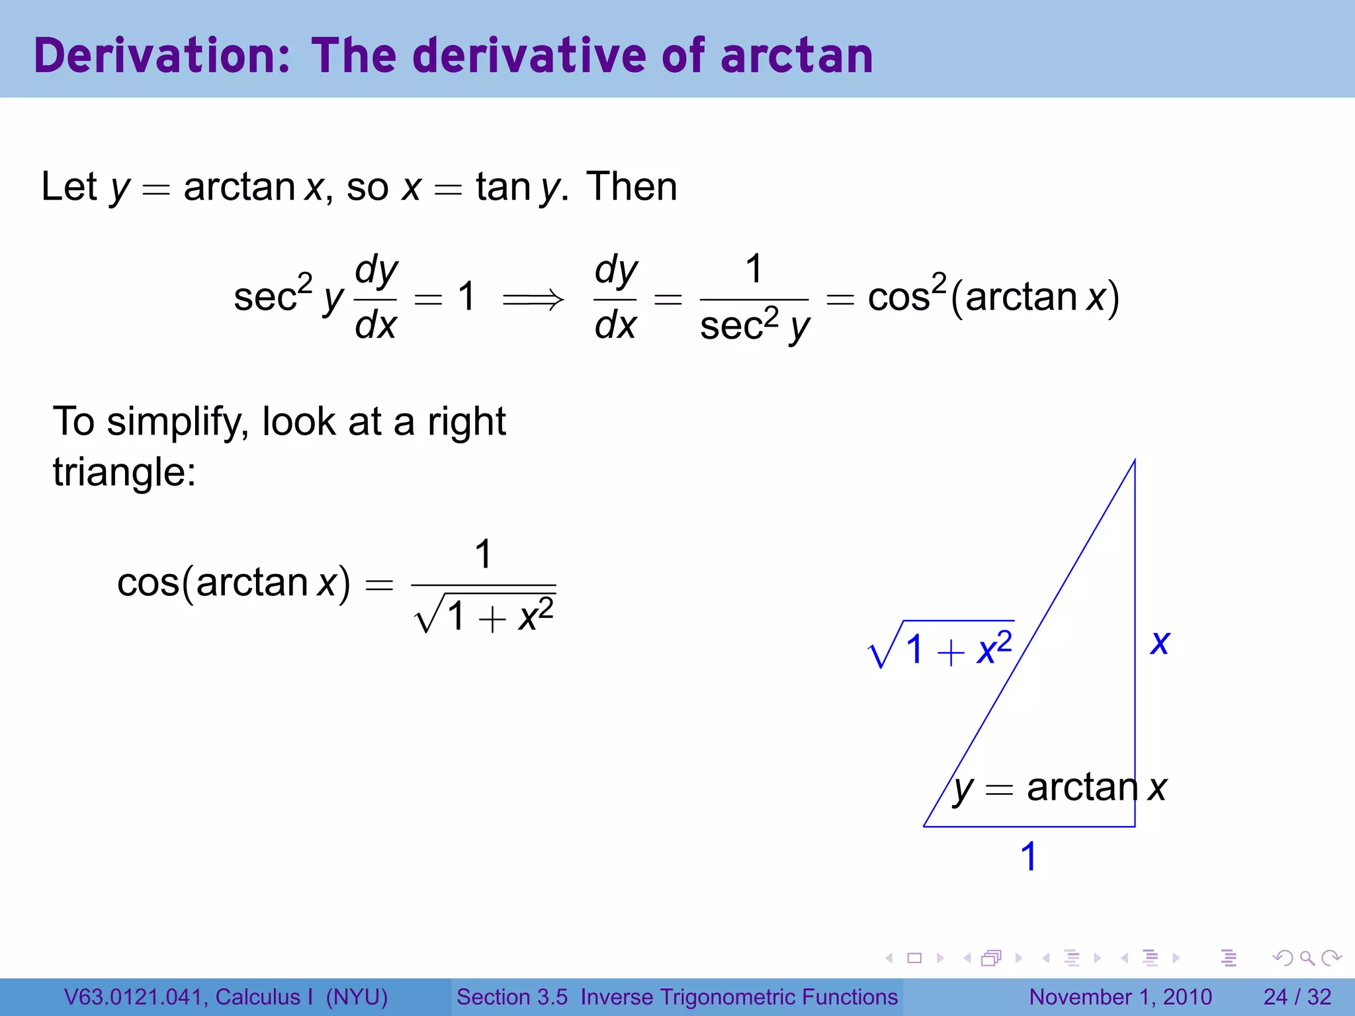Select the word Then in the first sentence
632,187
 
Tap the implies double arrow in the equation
533,300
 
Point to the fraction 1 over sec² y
754,299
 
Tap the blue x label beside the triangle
1160,643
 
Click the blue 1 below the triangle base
1028,857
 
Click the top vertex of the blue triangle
1135,460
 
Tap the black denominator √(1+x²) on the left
484,616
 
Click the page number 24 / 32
1297,997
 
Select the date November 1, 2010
1120,997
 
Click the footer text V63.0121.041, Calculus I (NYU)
226,997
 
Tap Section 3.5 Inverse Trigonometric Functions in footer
677,997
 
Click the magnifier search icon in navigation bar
1307,958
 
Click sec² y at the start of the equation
288,296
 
